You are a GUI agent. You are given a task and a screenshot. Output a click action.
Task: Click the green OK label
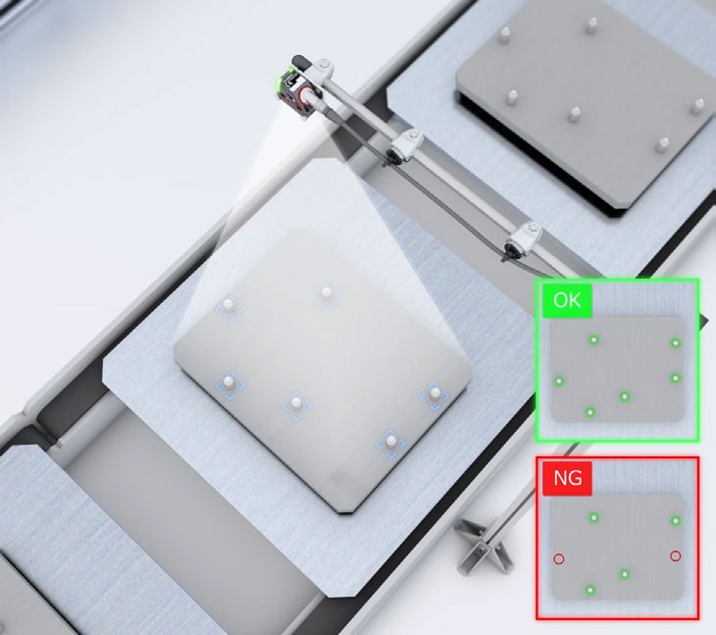pyautogui.click(x=567, y=300)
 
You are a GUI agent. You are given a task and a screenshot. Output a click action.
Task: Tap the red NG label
pyautogui.click(x=567, y=478)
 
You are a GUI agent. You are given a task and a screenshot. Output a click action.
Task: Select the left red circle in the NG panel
pyautogui.click(x=558, y=558)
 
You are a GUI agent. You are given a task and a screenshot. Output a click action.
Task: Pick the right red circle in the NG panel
pyautogui.click(x=676, y=556)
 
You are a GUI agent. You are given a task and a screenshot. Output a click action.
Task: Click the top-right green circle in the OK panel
pyautogui.click(x=676, y=344)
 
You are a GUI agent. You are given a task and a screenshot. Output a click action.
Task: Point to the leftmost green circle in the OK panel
pyautogui.click(x=558, y=381)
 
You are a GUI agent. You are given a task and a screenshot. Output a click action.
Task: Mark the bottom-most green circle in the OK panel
pyautogui.click(x=590, y=412)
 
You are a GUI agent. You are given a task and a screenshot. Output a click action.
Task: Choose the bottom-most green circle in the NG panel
pyautogui.click(x=590, y=590)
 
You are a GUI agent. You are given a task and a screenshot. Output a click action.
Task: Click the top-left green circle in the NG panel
pyautogui.click(x=593, y=517)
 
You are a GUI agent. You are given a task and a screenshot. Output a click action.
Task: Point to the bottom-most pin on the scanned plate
pyautogui.click(x=391, y=442)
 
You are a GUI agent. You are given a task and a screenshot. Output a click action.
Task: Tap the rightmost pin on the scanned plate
pyautogui.click(x=435, y=394)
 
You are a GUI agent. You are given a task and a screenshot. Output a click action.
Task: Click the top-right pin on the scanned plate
pyautogui.click(x=326, y=292)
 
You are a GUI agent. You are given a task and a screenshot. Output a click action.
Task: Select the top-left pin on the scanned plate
pyautogui.click(x=229, y=304)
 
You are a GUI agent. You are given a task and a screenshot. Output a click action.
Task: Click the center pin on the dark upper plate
pyautogui.click(x=575, y=114)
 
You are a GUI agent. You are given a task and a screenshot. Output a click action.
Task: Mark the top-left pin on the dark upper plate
pyautogui.click(x=505, y=33)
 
